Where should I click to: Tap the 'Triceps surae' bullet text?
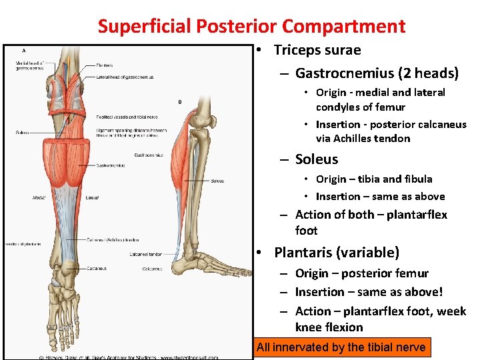[317, 50]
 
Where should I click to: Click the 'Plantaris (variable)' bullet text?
[337, 252]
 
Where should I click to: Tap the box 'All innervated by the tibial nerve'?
[341, 347]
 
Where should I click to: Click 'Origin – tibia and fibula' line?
[373, 179]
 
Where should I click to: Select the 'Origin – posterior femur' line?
[362, 273]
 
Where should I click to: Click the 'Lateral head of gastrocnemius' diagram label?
[125, 77]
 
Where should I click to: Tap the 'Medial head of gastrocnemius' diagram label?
[29, 65]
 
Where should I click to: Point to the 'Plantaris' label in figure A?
[105, 65]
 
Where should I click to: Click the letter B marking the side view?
[179, 101]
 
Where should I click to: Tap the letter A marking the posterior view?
[25, 51]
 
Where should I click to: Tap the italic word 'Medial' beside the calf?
[39, 198]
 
